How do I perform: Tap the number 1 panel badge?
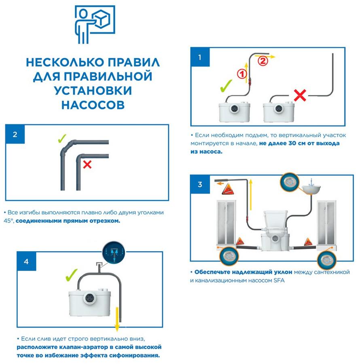199,57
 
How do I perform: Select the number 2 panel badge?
15,134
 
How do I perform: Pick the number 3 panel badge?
200,185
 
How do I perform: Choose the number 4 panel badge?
26,261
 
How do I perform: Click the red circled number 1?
241,74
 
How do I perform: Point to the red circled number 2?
263,61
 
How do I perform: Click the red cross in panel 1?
299,95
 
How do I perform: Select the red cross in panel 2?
87,164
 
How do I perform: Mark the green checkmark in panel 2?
62,139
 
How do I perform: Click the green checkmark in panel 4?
72,276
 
